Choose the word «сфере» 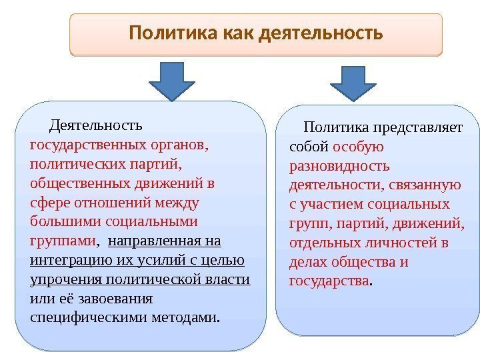pos(47,201)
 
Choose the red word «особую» pos(358,146)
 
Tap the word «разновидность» pos(339,165)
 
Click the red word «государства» pos(329,281)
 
